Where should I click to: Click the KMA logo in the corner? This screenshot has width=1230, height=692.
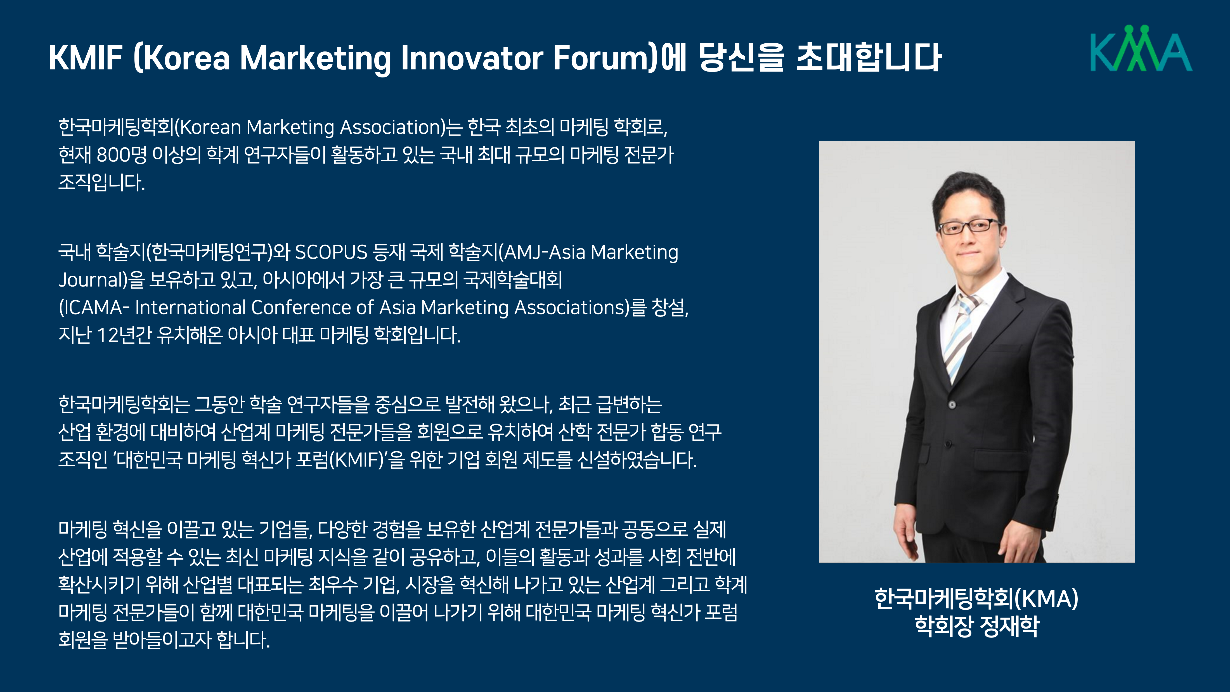pos(1141,48)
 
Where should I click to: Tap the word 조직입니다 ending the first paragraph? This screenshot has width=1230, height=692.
pos(101,182)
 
